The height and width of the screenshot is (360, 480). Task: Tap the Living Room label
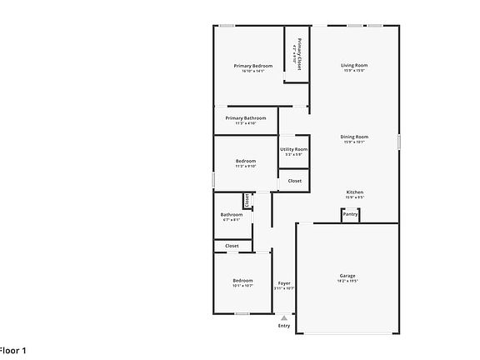pos(354,65)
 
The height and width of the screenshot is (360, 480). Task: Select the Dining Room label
pos(354,137)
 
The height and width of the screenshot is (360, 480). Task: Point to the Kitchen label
pos(354,192)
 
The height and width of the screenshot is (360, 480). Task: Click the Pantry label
pos(350,214)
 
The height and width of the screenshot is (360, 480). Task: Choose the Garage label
pos(347,276)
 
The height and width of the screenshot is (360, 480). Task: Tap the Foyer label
pos(284,283)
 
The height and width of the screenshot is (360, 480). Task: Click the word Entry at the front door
pos(284,325)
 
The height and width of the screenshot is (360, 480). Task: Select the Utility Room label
pos(293,149)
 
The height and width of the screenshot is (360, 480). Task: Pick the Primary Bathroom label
pos(246,118)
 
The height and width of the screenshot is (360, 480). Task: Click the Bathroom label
pos(232,214)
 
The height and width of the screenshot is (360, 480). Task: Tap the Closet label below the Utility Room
pos(295,181)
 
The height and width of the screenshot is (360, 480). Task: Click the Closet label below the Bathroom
pos(232,246)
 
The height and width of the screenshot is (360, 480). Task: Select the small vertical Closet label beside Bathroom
pos(247,200)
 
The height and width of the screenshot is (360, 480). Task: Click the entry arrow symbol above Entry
pos(284,317)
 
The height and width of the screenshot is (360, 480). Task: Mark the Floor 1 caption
pos(12,350)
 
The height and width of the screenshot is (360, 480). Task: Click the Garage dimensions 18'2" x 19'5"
pos(347,282)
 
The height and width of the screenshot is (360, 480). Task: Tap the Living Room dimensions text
pos(354,71)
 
